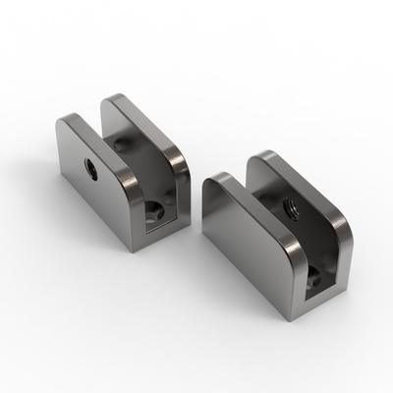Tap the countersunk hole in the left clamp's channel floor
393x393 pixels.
pos(155,210)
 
